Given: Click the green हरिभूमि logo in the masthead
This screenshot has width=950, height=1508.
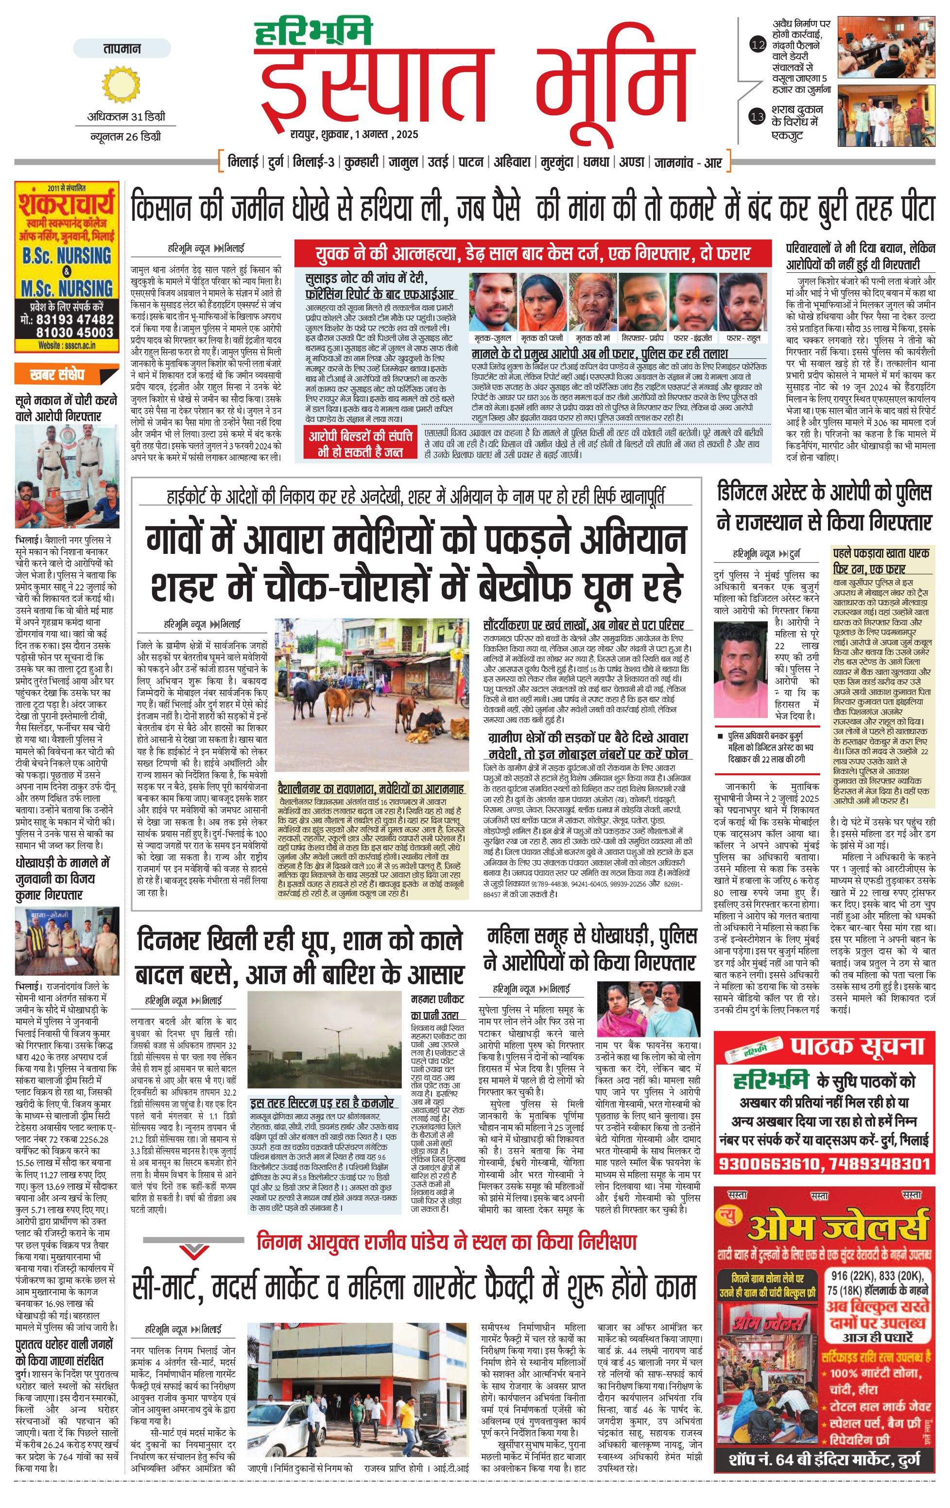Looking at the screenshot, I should [x=313, y=33].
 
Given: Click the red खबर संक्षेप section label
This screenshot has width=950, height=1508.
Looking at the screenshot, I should [x=57, y=375].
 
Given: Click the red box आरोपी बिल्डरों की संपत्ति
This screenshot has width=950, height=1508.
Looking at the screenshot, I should [x=361, y=443].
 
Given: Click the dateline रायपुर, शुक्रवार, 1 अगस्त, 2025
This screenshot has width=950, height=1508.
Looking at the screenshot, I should [x=354, y=134].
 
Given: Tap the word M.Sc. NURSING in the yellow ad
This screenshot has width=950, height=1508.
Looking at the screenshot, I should [x=67, y=289].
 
